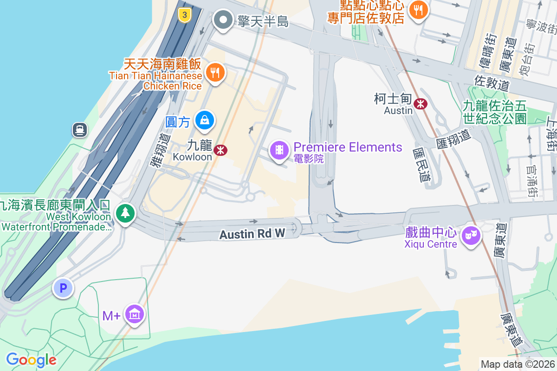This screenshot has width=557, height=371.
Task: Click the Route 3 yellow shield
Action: tap(185, 15)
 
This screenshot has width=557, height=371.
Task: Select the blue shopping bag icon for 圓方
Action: tap(204, 120)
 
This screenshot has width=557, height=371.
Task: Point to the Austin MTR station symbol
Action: tap(421, 104)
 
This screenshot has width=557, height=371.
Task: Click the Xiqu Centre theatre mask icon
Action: tap(471, 236)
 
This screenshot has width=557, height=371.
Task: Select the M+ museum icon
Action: tap(135, 315)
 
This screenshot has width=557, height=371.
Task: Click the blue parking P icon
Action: tap(63, 288)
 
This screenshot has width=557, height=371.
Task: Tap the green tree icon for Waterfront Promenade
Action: tap(125, 213)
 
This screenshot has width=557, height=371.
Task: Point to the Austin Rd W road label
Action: tap(252, 234)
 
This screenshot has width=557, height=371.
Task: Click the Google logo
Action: tap(31, 359)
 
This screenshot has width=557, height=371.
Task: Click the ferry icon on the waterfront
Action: tap(80, 130)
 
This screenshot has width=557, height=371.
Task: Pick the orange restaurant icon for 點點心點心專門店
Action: tap(419, 10)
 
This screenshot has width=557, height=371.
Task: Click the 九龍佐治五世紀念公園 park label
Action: tap(495, 112)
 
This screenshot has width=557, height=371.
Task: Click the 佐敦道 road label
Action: tap(492, 83)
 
